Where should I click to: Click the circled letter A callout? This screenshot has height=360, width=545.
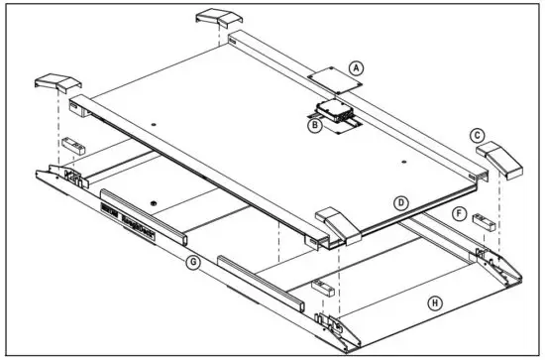pos(358,67)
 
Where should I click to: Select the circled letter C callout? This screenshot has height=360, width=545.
pos(478,135)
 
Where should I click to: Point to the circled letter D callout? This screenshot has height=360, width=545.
pos(400,202)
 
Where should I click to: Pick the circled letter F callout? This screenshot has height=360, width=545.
pos(458,212)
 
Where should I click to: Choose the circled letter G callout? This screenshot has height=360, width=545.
pos(194,262)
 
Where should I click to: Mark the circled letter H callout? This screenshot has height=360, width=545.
pos(433,303)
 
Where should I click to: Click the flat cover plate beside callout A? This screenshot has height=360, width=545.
pos(326,73)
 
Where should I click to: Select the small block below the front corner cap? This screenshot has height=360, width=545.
pos(321,289)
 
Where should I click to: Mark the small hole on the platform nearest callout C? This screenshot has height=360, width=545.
pos(404,159)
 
